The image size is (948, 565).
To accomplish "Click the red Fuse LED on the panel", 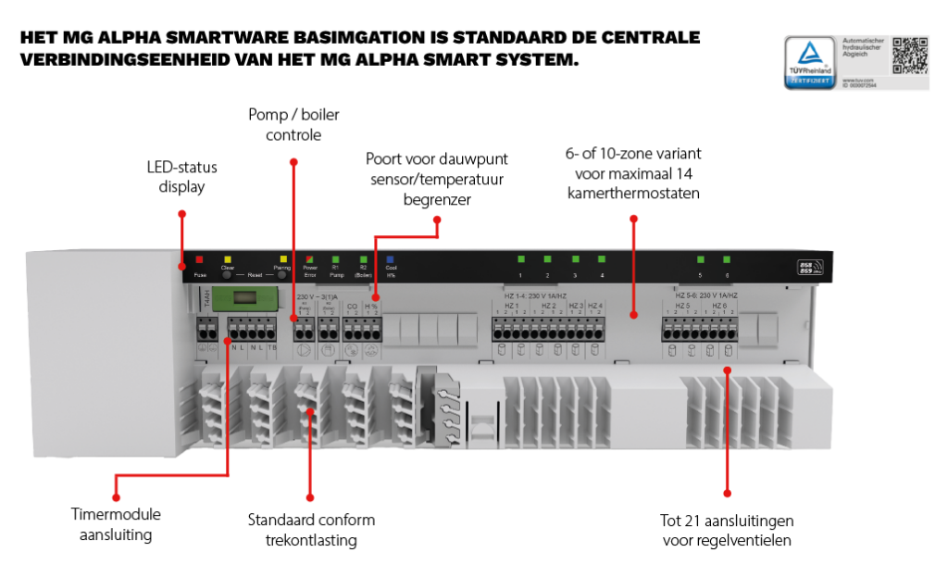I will point(199,260).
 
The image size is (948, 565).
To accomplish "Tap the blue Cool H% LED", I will point(391,260).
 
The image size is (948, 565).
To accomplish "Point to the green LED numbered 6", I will point(726,260).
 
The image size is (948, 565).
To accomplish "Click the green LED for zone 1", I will point(520,260).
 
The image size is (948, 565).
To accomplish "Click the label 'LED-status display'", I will point(175,177).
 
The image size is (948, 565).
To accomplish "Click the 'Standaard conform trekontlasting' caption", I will point(311,529).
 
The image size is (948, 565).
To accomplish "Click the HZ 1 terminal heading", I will point(511,305).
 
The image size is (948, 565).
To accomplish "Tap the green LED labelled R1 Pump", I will point(335,260).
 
